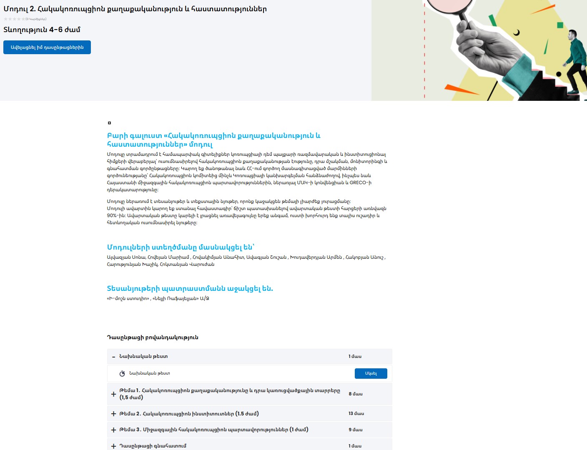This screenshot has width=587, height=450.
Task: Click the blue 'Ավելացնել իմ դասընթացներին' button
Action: (47, 47)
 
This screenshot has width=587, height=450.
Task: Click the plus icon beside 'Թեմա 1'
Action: (113, 394)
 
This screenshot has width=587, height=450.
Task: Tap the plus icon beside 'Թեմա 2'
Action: (113, 414)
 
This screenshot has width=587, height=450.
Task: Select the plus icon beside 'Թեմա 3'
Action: (113, 430)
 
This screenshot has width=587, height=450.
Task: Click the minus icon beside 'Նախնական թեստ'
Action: (113, 357)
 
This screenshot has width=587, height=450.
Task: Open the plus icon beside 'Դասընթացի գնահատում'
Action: (113, 446)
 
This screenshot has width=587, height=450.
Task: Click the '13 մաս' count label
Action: (356, 414)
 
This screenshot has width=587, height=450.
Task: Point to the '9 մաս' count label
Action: (355, 430)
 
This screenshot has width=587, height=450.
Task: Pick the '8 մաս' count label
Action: (355, 394)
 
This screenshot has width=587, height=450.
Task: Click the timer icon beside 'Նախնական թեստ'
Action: (122, 373)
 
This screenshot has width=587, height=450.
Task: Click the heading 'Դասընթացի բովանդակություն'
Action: (153, 337)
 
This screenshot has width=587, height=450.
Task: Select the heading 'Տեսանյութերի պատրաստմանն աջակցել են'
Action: (190, 288)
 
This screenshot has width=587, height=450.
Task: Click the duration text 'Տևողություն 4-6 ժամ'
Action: (42, 30)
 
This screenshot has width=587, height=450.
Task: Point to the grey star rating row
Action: (14, 19)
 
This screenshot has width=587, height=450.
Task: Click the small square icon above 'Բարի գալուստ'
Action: (109, 123)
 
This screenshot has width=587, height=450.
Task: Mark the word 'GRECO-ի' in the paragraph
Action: (360, 182)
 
